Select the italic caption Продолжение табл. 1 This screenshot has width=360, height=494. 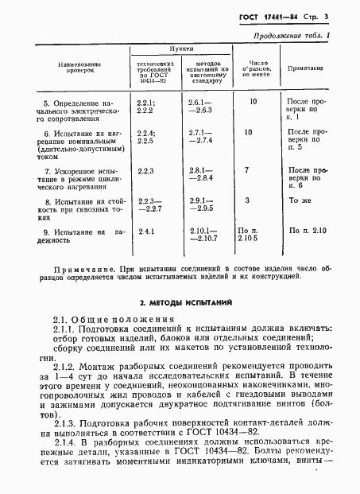tap(298, 37)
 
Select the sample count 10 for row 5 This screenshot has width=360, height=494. tap(253, 102)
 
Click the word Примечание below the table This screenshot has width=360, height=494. tap(77, 272)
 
